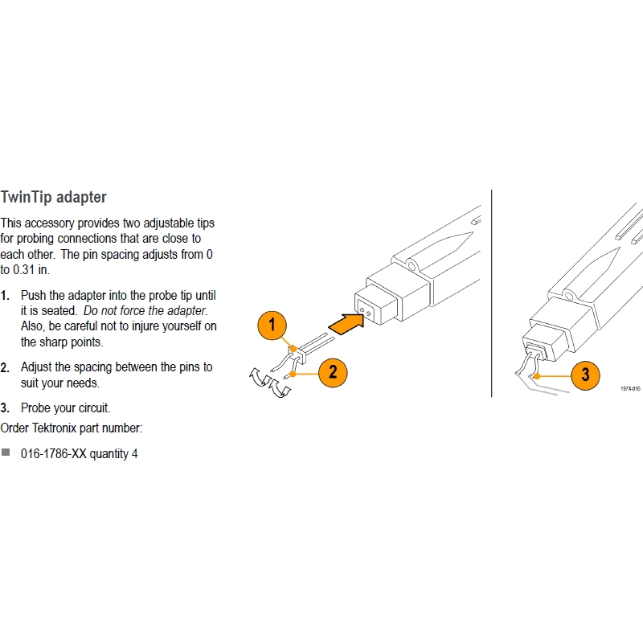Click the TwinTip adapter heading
pos(53,197)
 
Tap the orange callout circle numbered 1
pos(272,326)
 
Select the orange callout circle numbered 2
pos(333,373)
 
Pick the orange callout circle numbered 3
pos(585,375)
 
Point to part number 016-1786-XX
pos(54,454)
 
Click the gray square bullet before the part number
pos(6,453)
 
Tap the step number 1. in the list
pos(5,295)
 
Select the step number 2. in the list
pos(5,367)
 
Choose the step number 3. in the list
pos(5,408)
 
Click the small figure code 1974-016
pos(630,388)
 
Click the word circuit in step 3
pos(93,408)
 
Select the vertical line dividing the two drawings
pos(491,293)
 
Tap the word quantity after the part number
pos(109,454)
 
